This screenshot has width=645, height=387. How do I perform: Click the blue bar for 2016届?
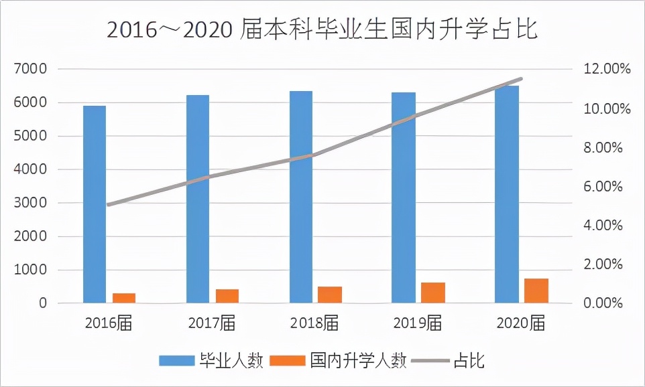point(95,204)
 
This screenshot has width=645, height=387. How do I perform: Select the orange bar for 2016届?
point(124,298)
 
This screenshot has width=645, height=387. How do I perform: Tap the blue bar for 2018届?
point(301,197)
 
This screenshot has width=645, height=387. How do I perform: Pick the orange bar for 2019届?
point(434,293)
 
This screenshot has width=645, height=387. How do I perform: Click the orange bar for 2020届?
point(536,291)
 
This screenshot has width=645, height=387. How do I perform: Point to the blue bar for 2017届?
point(198,199)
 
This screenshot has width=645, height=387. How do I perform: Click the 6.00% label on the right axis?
point(603,186)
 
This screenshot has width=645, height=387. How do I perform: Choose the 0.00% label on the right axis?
point(603,303)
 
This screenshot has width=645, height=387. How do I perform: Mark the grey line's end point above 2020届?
point(521,79)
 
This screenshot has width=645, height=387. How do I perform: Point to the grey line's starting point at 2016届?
point(109,204)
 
